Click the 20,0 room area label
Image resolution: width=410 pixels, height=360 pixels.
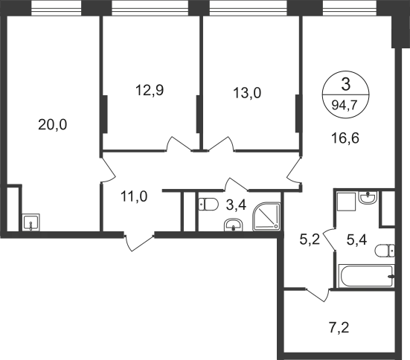[x=53, y=124]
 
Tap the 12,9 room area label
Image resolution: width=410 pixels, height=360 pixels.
[x=150, y=91]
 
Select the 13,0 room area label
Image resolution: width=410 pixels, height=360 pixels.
[x=247, y=93]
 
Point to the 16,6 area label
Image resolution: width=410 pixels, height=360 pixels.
[x=345, y=138]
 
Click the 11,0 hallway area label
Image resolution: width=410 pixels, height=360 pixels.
[x=134, y=196]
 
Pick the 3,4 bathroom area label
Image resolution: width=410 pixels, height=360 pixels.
[x=236, y=205]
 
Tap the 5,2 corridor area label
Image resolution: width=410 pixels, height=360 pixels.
[x=310, y=240]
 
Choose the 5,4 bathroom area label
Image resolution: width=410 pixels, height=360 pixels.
[x=357, y=240]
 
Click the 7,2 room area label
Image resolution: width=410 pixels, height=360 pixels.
[x=339, y=328]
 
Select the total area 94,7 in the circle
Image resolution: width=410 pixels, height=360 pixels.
[x=345, y=106]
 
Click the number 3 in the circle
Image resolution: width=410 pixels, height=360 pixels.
[x=346, y=85]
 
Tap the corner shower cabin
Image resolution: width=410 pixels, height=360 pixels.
[x=266, y=216]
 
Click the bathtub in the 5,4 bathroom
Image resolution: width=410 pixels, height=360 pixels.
[x=366, y=276]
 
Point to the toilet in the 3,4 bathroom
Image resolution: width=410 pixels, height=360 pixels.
[x=208, y=205]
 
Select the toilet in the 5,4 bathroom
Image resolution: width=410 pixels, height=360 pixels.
[x=385, y=251]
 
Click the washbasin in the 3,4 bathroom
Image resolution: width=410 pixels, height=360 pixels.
[x=234, y=225]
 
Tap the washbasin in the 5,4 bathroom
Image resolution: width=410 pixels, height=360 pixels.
[x=368, y=197]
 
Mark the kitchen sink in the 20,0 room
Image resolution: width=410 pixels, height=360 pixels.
[x=31, y=222]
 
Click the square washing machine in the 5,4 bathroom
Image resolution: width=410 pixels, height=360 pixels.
[x=347, y=202]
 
